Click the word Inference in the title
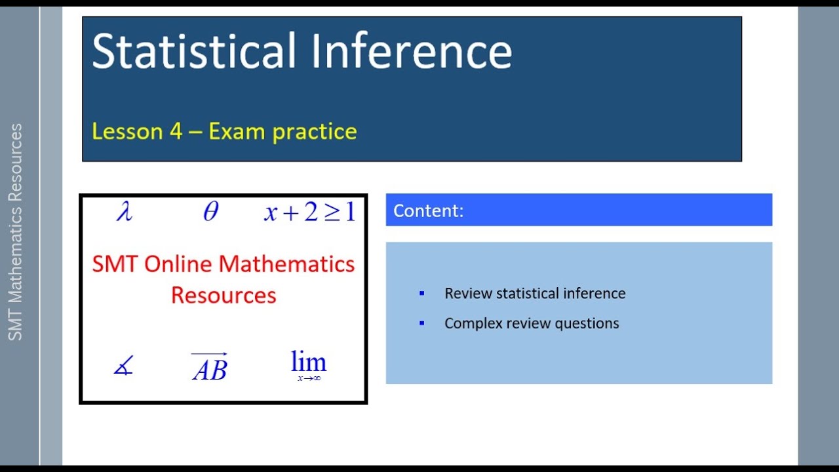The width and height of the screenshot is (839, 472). point(411,51)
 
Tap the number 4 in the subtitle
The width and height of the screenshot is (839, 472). point(176,131)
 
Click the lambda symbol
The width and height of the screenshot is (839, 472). point(124,212)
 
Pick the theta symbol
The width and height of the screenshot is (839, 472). point(210,212)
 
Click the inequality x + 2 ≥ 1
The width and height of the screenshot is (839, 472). point(309,212)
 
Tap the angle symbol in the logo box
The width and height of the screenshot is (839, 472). point(123,365)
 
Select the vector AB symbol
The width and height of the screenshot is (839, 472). point(210,368)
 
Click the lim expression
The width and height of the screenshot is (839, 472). point(308,364)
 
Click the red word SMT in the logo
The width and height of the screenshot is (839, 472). point(115,264)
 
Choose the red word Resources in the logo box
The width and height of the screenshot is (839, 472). point(224,295)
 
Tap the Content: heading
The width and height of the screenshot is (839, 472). point(429,210)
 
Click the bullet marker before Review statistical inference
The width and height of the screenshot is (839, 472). point(422,293)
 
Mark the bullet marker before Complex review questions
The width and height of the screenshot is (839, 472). point(422,323)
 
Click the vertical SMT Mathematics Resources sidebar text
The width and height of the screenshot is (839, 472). point(16,232)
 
